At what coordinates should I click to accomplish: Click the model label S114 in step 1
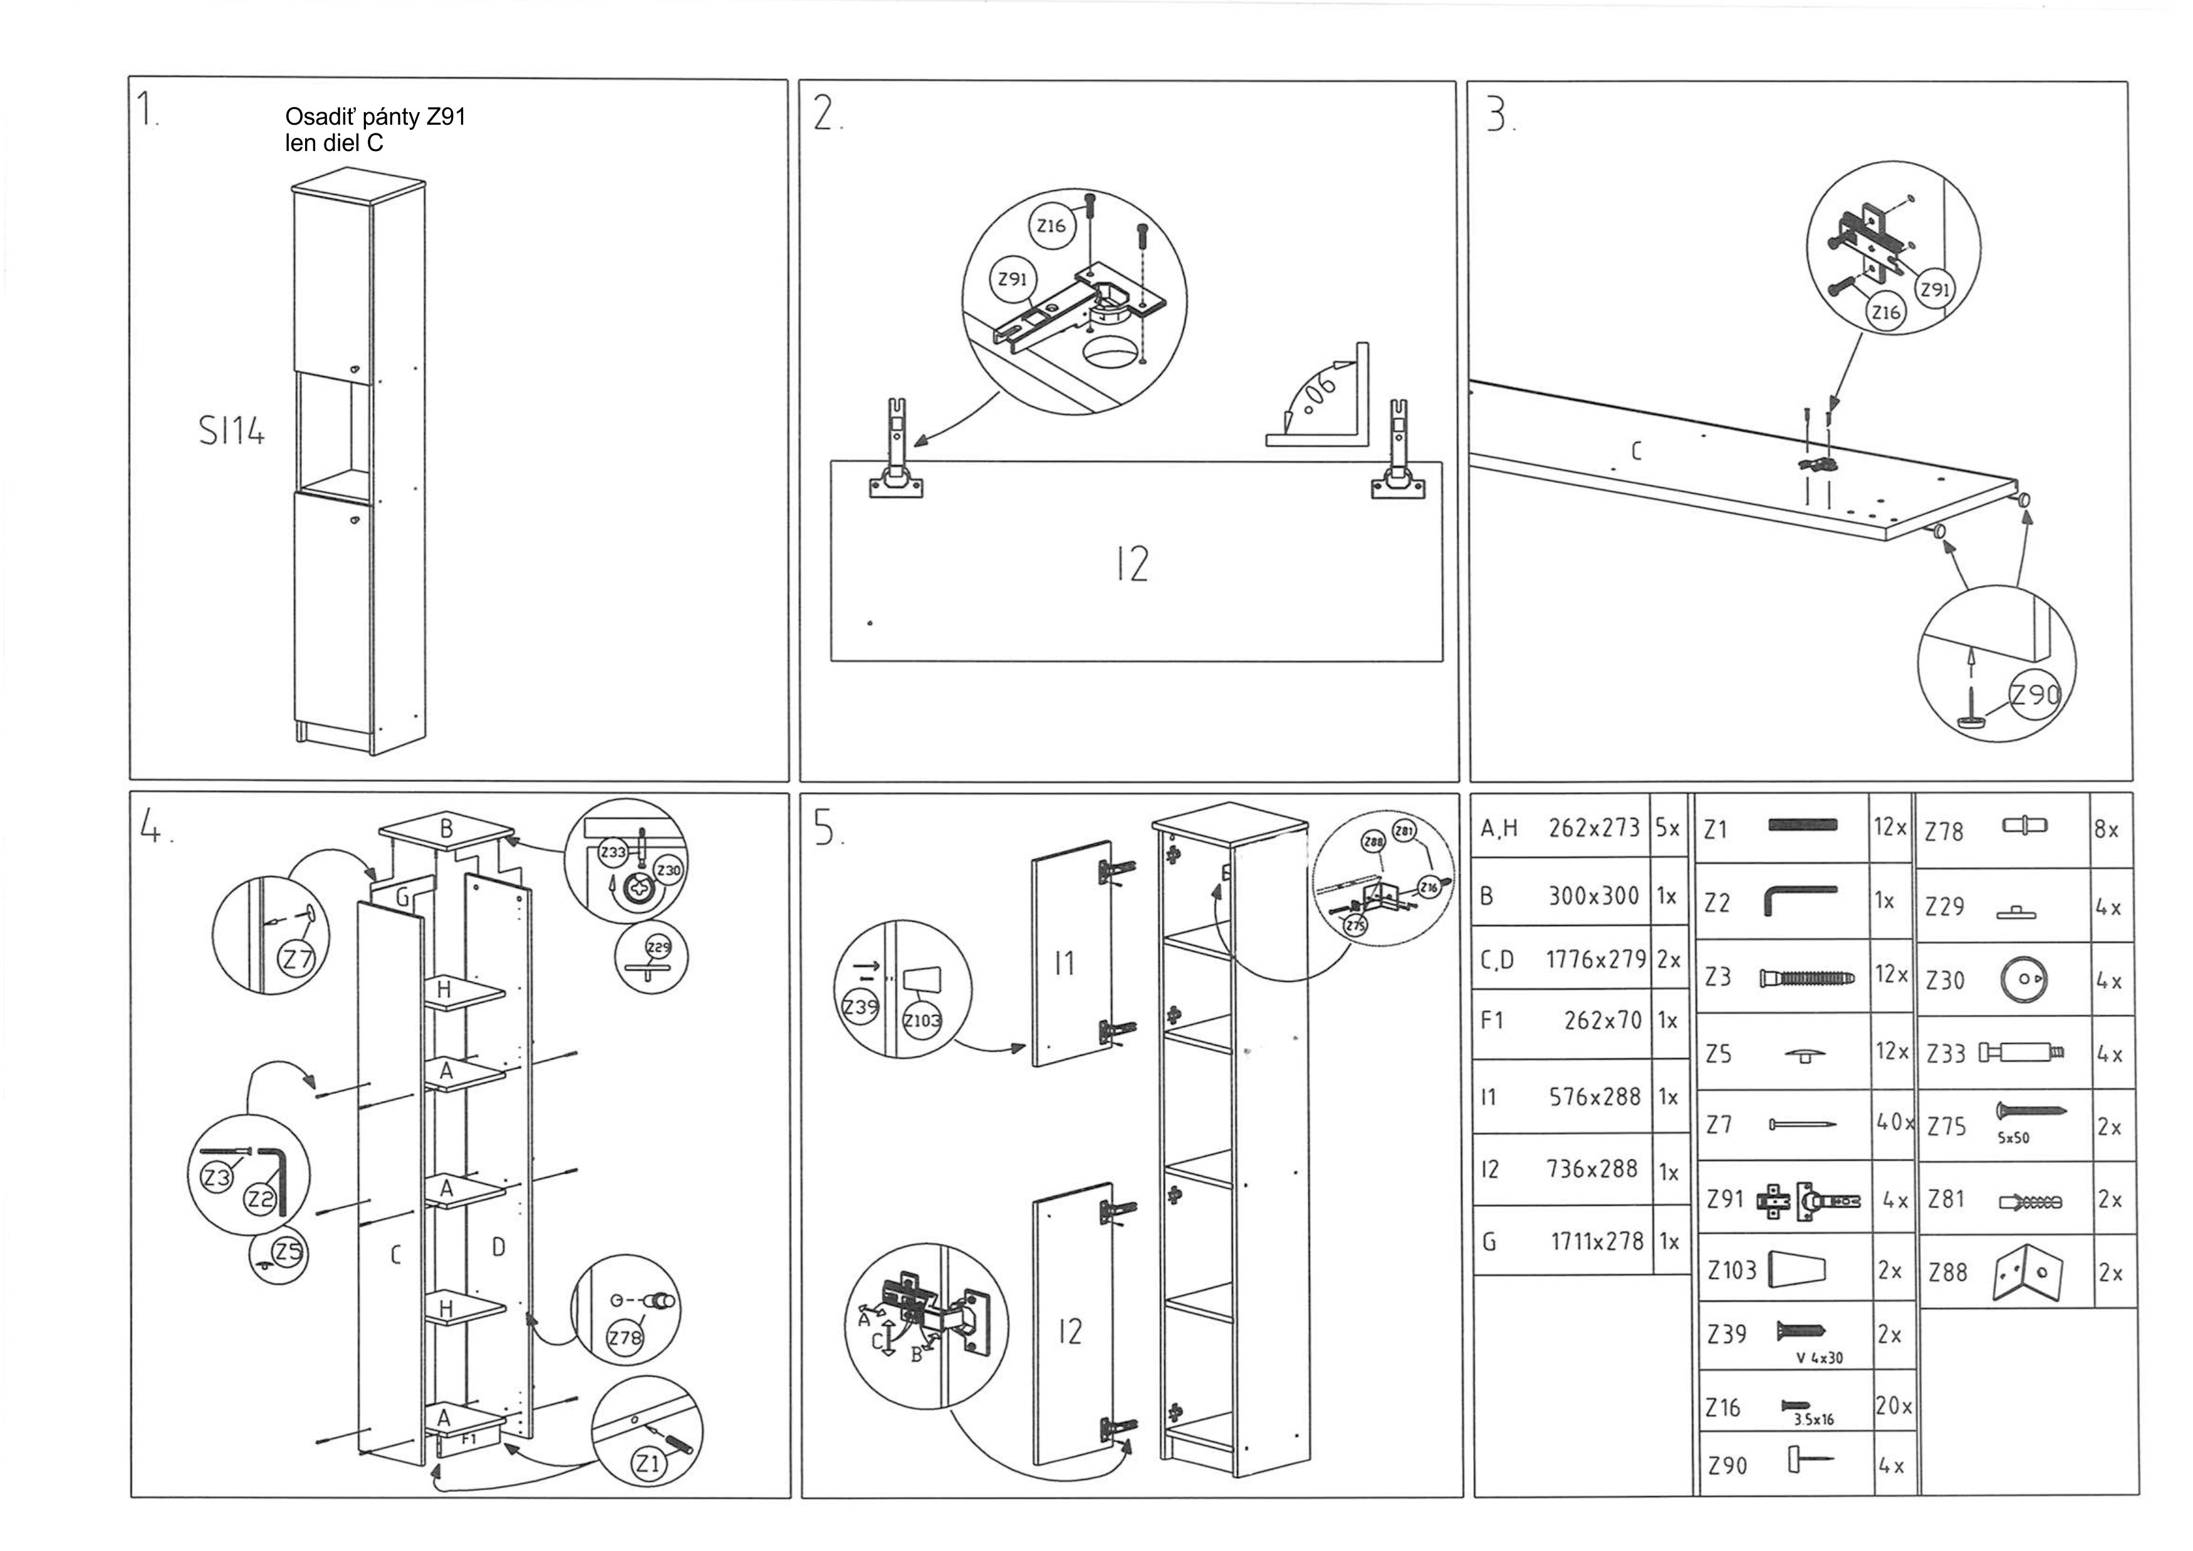pyautogui.click(x=231, y=432)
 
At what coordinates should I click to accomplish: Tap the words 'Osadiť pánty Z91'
pyautogui.click(x=375, y=117)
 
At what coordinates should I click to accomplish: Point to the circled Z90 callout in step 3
pyautogui.click(x=2035, y=695)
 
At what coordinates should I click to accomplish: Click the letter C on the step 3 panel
pyautogui.click(x=1635, y=451)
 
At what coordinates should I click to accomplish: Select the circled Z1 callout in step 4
pyautogui.click(x=649, y=1463)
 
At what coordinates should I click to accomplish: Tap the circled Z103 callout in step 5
pyautogui.click(x=922, y=1021)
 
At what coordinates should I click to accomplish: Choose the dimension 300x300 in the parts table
pyautogui.click(x=1593, y=896)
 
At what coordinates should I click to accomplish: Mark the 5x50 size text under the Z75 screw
pyautogui.click(x=2013, y=1139)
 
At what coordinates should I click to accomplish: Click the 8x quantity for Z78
pyautogui.click(x=2106, y=830)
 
